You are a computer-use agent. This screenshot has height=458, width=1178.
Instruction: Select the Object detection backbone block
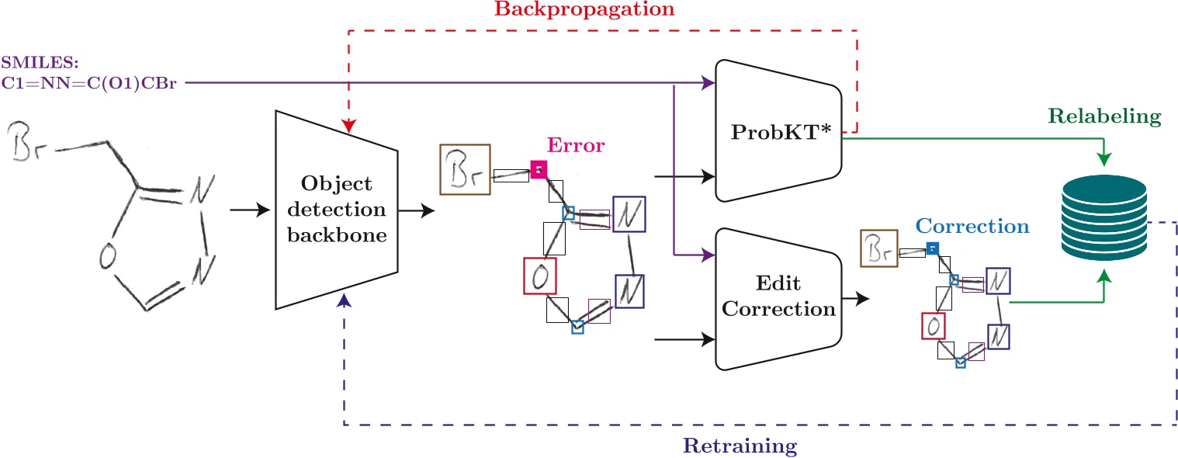(337, 209)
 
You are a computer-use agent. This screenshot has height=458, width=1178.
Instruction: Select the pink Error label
(575, 145)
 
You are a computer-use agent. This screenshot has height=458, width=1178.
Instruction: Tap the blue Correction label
(972, 227)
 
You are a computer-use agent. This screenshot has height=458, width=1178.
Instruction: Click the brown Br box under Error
(464, 168)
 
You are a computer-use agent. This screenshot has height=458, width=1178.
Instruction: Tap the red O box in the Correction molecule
(932, 325)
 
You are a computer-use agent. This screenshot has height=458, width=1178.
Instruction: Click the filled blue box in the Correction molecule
(932, 248)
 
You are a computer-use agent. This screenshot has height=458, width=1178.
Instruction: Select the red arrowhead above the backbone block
(349, 125)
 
